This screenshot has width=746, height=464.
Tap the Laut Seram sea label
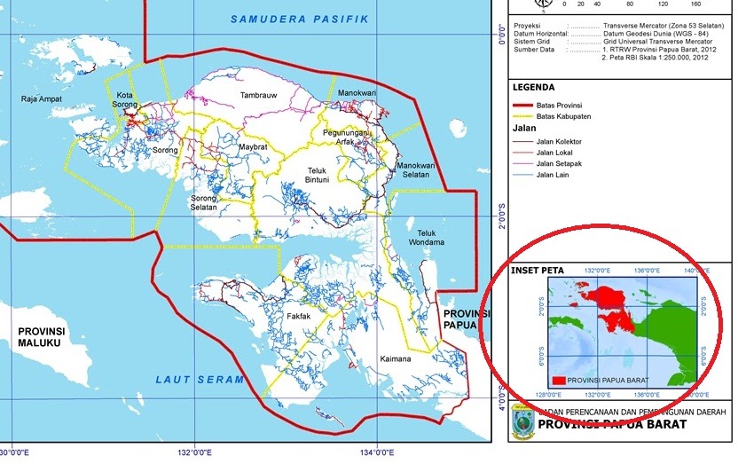point(200,380)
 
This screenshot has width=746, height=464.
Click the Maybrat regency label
point(253,146)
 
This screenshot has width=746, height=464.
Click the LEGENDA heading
point(533,88)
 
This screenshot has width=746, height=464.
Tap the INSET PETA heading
point(538,270)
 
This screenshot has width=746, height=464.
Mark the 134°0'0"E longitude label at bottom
point(377,452)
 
